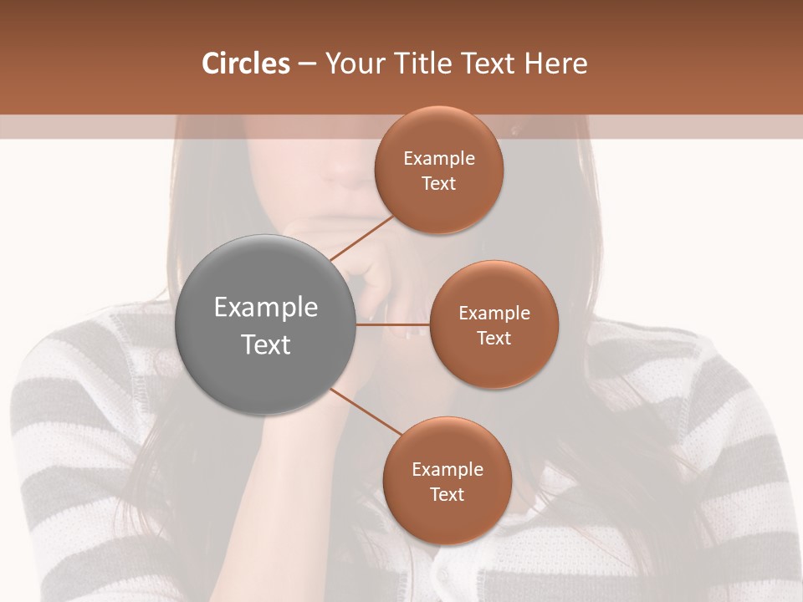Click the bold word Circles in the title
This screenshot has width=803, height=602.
point(245,64)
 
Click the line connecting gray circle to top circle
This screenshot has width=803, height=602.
point(361,237)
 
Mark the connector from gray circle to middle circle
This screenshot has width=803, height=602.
point(392,324)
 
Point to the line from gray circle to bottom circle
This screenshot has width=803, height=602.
point(366,411)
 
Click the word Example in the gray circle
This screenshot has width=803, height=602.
point(265,308)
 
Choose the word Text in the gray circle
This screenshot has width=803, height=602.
point(265,344)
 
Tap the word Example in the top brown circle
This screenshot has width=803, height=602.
point(438,159)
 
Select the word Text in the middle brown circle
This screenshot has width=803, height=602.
point(494,338)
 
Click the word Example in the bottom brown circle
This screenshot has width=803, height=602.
point(447,469)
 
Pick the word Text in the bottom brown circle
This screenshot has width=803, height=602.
point(447,494)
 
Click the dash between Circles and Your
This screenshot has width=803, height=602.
point(306,64)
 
